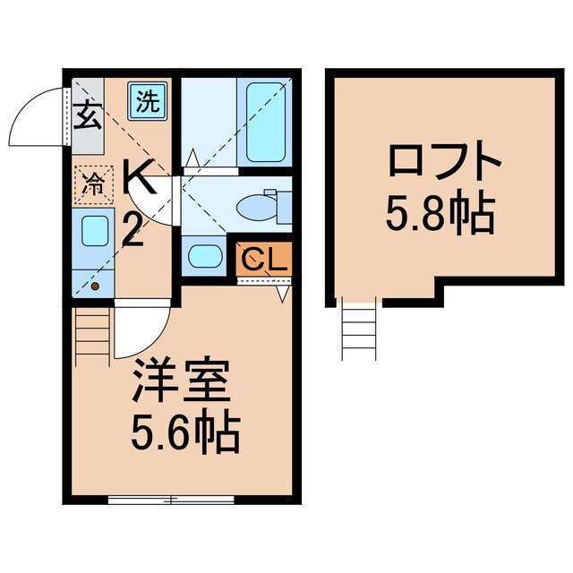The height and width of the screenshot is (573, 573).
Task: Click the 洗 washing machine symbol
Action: pos(146,99)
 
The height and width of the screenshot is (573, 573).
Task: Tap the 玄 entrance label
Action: pos(87,116)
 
